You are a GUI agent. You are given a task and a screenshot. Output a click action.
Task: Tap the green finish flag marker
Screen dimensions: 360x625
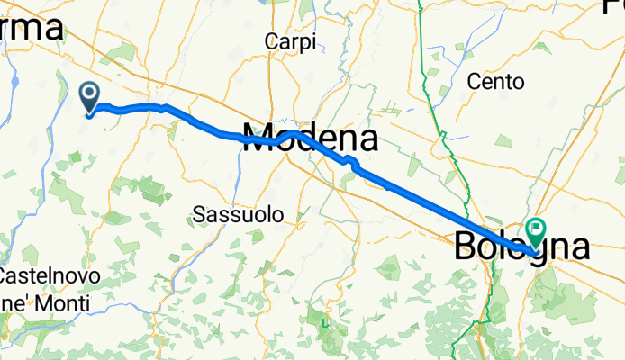[537, 232]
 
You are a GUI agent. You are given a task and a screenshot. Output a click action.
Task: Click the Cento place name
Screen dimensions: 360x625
[495, 82]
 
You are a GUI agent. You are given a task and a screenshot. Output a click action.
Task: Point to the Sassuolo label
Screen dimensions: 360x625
[238, 214]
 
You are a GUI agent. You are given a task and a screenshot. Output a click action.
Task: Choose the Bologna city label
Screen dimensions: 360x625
[522, 247]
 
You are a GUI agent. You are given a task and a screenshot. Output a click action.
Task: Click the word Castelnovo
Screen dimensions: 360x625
[44, 274]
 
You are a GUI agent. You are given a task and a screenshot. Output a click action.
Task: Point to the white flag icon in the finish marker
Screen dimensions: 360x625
[537, 229]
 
